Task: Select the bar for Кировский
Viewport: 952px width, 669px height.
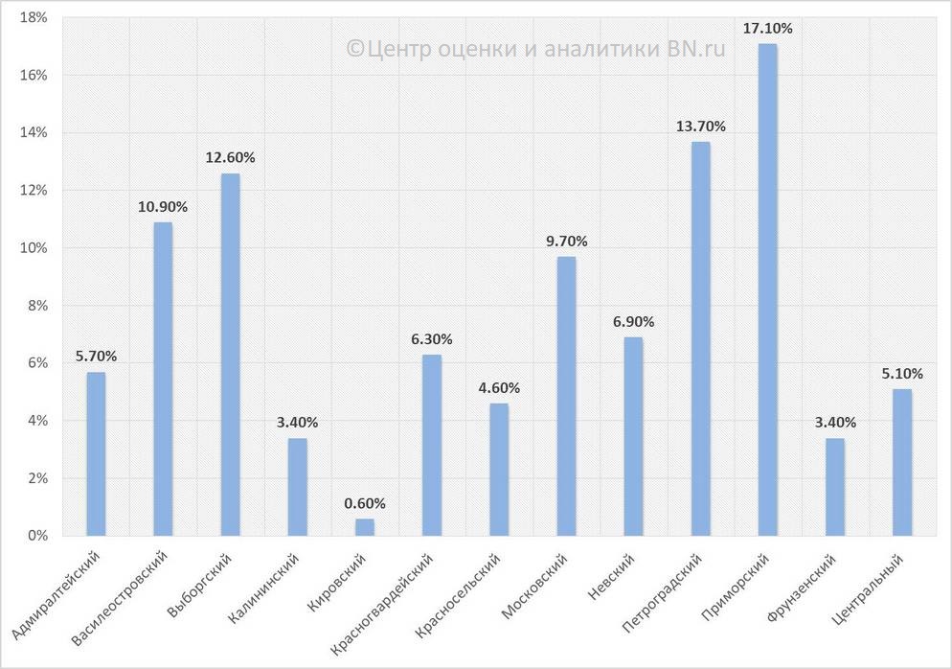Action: pyautogui.click(x=365, y=526)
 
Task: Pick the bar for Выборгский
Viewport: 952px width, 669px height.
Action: pyautogui.click(x=230, y=354)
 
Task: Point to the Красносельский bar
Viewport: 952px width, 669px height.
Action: pyautogui.click(x=499, y=469)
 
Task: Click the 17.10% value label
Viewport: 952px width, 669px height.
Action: pyautogui.click(x=767, y=29)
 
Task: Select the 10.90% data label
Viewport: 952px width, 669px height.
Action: pyautogui.click(x=163, y=207)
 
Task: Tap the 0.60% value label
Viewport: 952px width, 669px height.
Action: pyautogui.click(x=365, y=503)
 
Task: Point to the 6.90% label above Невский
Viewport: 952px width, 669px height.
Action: pyautogui.click(x=633, y=322)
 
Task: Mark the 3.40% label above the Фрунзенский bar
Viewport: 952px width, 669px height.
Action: pyautogui.click(x=834, y=423)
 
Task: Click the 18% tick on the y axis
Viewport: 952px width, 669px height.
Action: pyautogui.click(x=34, y=17)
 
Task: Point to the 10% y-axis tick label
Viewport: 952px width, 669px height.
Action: pyautogui.click(x=34, y=247)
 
